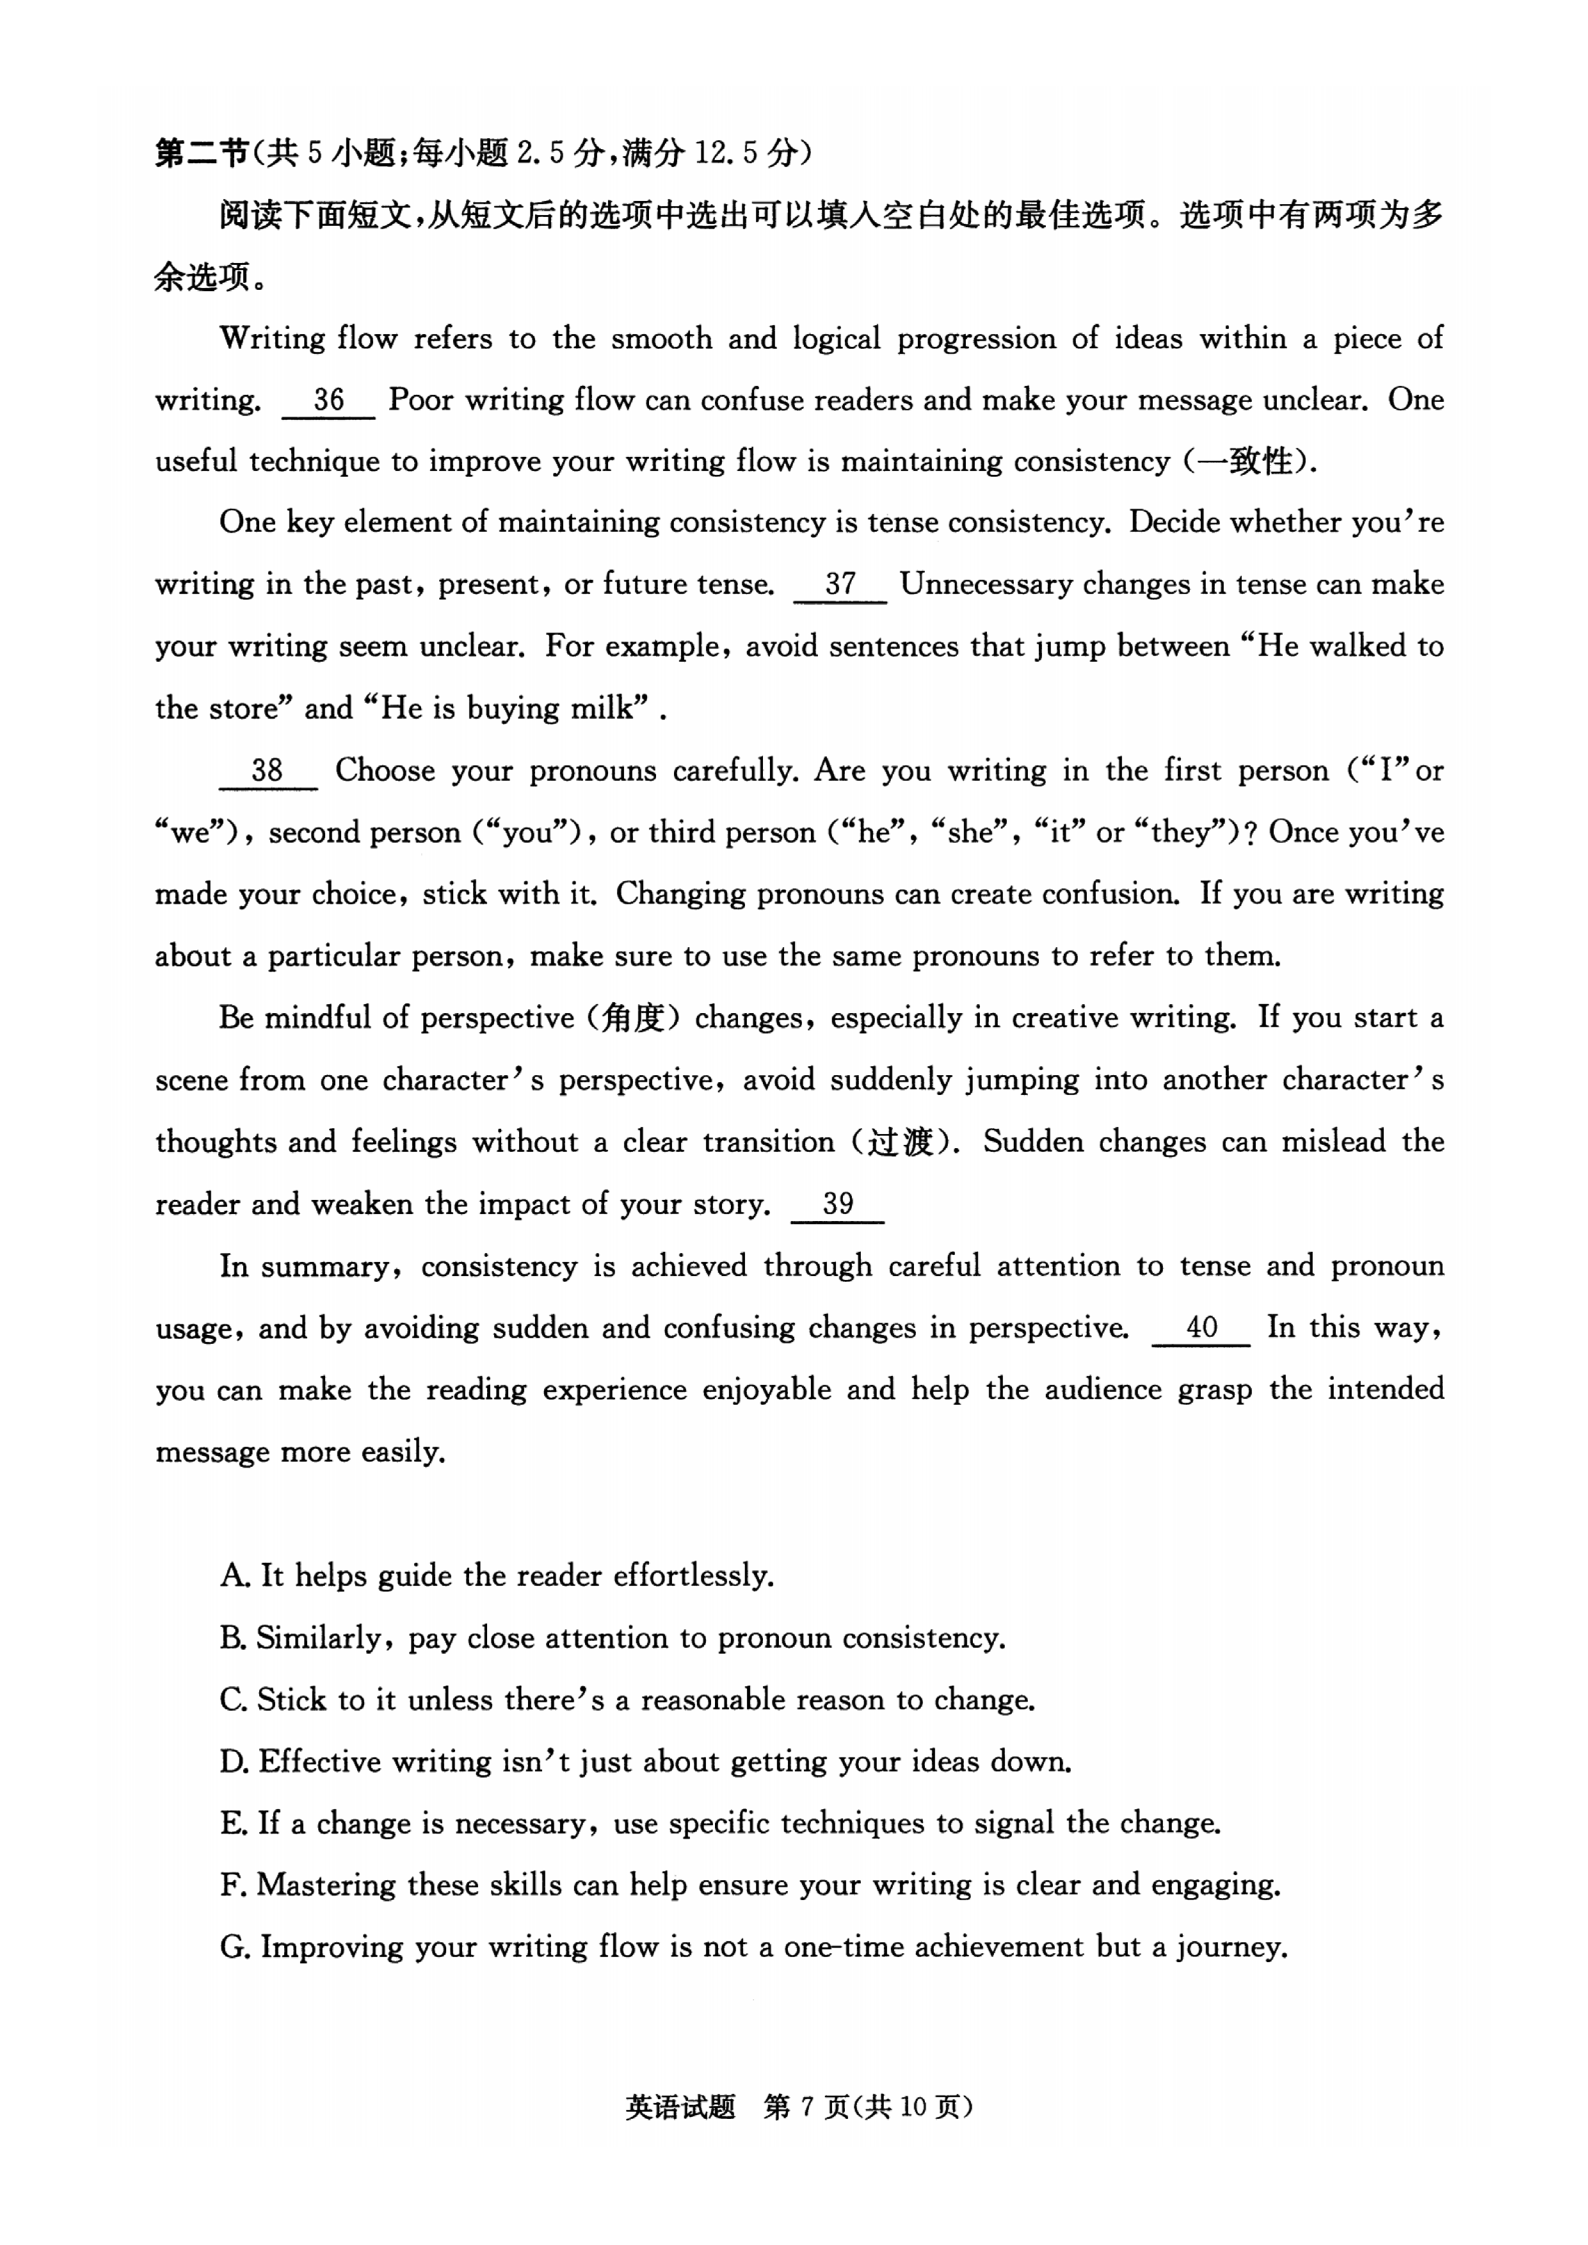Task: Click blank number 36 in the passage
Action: (x=328, y=400)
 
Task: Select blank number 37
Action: (x=840, y=585)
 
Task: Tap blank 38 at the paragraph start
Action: (x=267, y=771)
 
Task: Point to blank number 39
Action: (x=837, y=1204)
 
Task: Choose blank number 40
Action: (x=1201, y=1328)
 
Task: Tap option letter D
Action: (x=233, y=1762)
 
